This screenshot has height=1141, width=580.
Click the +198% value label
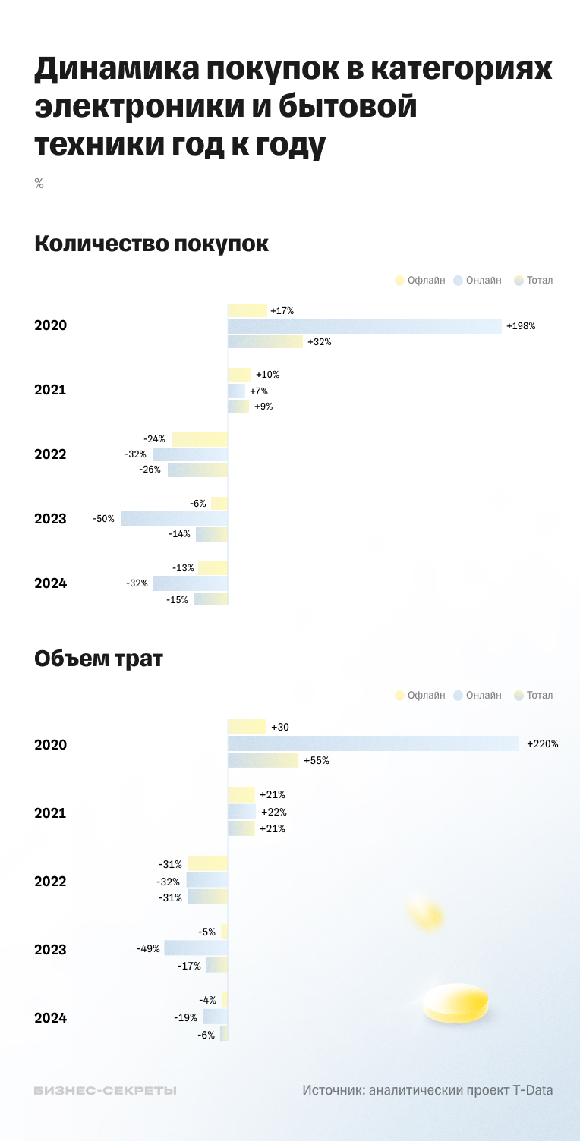[x=521, y=326]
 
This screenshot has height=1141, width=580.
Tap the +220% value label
[x=543, y=744]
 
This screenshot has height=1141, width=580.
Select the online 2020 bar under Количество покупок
[x=364, y=326]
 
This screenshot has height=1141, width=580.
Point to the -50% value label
[x=103, y=519]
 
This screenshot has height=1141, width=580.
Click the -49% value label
[x=148, y=948]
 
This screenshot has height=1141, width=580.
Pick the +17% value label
[x=282, y=310]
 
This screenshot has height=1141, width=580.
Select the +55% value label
[x=317, y=760]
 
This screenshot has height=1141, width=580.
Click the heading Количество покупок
[x=151, y=244]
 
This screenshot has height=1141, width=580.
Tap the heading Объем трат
[x=98, y=659]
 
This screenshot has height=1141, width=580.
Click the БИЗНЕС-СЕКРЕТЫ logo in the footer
[x=106, y=1090]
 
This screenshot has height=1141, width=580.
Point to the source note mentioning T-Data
[x=427, y=1090]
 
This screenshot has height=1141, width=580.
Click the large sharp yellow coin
[x=455, y=1003]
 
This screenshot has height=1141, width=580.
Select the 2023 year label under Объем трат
[x=51, y=950]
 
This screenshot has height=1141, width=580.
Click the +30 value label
[x=280, y=728]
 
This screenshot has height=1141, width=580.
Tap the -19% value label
[x=186, y=1017]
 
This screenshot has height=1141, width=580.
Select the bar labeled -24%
[x=200, y=439]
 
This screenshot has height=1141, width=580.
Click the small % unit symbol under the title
[x=39, y=184]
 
